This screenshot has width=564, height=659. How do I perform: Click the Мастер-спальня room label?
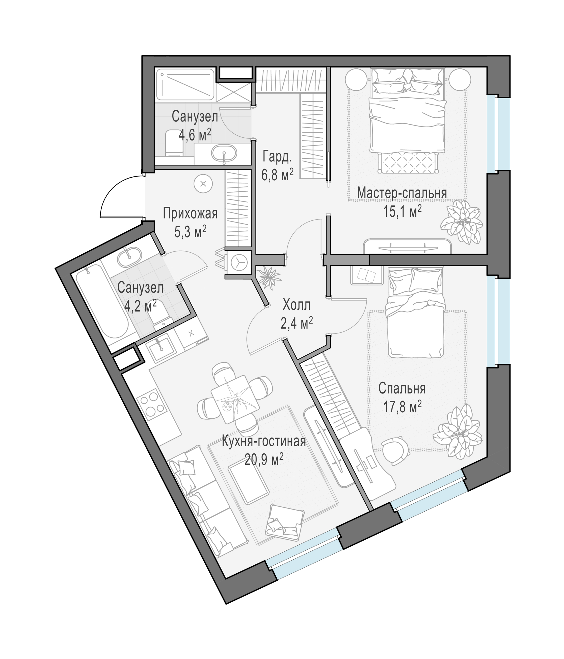pyautogui.click(x=402, y=193)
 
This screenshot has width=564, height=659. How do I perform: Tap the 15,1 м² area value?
pyautogui.click(x=402, y=211)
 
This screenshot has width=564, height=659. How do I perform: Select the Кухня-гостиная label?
pyautogui.click(x=264, y=442)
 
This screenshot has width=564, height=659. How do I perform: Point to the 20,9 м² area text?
pyautogui.click(x=264, y=459)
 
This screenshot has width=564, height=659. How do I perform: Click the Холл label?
pyautogui.click(x=296, y=305)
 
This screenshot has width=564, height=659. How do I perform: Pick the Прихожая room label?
pyautogui.click(x=190, y=214)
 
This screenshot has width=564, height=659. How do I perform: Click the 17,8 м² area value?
pyautogui.click(x=402, y=406)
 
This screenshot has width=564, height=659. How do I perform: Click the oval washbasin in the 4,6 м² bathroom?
pyautogui.click(x=224, y=154)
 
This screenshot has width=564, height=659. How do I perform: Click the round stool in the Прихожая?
pyautogui.click(x=203, y=183)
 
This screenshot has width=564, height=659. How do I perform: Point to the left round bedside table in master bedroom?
pyautogui.click(x=356, y=80)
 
